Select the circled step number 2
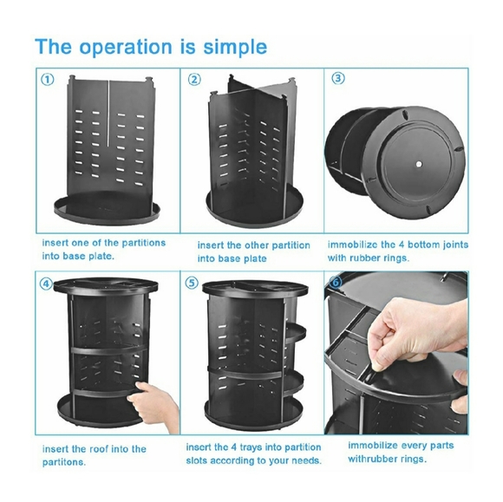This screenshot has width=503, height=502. click(x=194, y=80)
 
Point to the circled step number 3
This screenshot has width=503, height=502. click(x=338, y=79)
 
